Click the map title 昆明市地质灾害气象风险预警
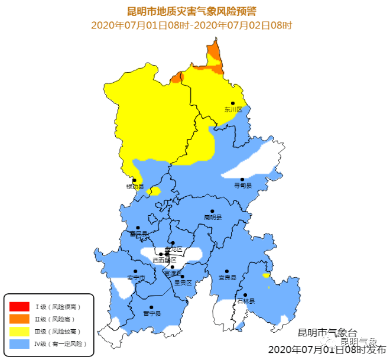click(192, 11)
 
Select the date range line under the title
click(192, 25)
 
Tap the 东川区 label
click(233, 109)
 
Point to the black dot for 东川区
click(233, 103)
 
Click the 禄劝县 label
click(135, 187)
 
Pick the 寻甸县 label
click(242, 186)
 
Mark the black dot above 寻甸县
click(242, 179)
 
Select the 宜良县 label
click(227, 277)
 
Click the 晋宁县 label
click(152, 313)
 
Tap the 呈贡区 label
click(183, 283)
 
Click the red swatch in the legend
click(19, 306)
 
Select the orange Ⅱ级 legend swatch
click(19, 319)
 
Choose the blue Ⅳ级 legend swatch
click(19, 343)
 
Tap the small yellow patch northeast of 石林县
click(266, 275)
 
